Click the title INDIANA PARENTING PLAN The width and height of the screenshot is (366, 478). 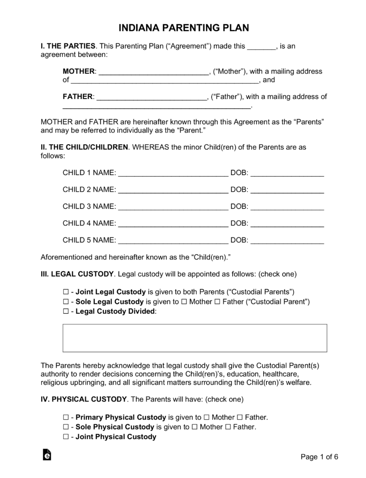coord(183,28)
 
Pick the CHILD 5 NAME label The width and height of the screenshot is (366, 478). coord(89,240)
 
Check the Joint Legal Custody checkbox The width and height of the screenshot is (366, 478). coord(66,292)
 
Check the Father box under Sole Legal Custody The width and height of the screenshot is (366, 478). coord(217,301)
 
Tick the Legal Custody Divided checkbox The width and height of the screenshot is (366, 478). coord(66,311)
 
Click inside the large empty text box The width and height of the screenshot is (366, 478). coord(195,338)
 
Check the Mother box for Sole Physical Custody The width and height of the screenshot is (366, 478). coord(196,427)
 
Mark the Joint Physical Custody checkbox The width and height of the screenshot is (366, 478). coord(66,437)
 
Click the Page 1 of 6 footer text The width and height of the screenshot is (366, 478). coord(319,457)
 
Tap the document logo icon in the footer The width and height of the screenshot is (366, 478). coord(46,455)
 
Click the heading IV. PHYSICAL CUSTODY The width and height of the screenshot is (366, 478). coord(84,399)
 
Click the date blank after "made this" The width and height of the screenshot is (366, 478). coord(262,46)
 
